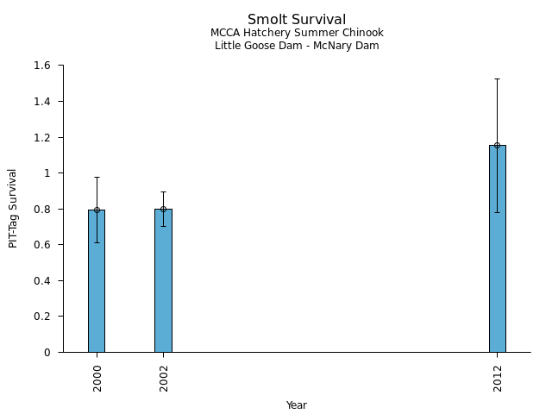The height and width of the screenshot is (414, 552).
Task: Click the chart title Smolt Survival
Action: [297, 20]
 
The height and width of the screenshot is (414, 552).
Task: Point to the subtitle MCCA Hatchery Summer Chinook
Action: [297, 33]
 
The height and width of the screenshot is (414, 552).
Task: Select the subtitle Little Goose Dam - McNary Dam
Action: [297, 46]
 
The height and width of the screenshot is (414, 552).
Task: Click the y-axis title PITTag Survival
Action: [13, 208]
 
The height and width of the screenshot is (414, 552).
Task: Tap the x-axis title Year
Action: [297, 405]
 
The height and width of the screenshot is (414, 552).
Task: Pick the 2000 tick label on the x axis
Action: [97, 378]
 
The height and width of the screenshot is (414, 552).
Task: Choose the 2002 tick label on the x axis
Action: [164, 378]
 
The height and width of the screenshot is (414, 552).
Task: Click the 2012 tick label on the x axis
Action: [498, 378]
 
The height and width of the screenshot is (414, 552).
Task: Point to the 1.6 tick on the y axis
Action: [43, 66]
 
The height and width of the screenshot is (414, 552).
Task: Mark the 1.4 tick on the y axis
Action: [43, 102]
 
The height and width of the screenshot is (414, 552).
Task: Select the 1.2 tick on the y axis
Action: [43, 137]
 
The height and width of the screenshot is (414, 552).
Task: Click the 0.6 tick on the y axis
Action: [43, 245]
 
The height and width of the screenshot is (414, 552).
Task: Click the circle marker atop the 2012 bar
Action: [497, 145]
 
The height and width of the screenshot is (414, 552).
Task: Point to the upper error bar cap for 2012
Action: [497, 78]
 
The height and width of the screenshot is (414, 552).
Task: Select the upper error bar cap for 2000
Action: [97, 177]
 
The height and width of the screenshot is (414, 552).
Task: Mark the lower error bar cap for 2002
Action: [163, 226]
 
